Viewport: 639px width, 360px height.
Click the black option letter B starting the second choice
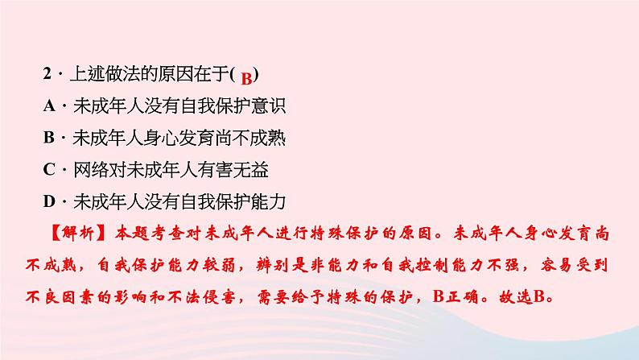tap(49, 138)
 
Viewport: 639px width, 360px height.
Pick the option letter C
tap(49, 169)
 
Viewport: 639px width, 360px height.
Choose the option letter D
tap(49, 201)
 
